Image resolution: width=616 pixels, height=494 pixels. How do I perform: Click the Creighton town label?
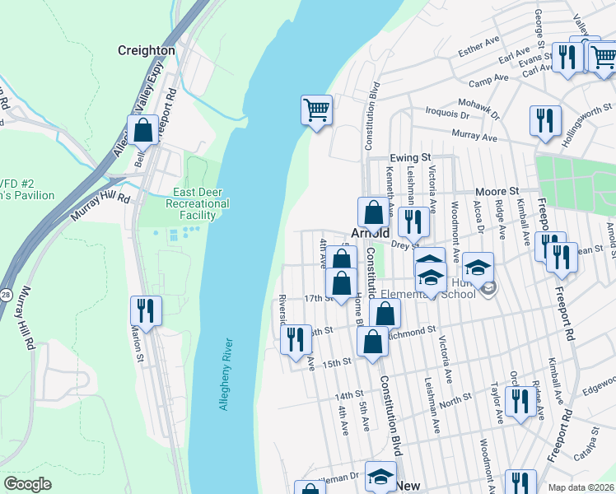pyautogui.click(x=147, y=50)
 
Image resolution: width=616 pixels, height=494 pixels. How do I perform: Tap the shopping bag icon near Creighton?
pyautogui.click(x=142, y=131)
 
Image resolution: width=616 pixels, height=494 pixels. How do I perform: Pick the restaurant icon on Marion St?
pyautogui.click(x=146, y=311)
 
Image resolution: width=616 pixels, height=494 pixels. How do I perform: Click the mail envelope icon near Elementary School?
pyautogui.click(x=489, y=287)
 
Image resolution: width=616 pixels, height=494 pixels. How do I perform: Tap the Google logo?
pyautogui.click(x=28, y=484)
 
